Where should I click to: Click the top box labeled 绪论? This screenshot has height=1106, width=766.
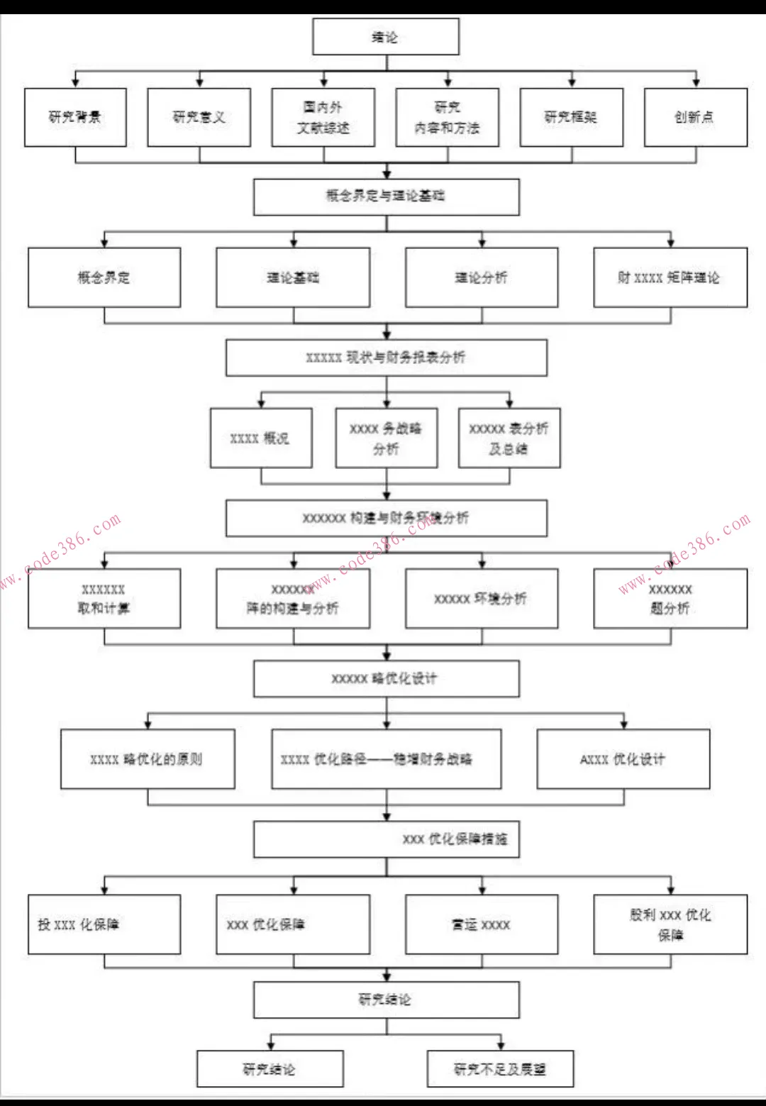(x=386, y=37)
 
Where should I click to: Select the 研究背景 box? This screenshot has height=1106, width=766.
(x=75, y=117)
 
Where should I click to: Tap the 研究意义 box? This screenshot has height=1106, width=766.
(x=199, y=117)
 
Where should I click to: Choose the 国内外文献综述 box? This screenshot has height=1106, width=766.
(x=323, y=117)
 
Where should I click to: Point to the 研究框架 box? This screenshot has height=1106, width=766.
(x=572, y=117)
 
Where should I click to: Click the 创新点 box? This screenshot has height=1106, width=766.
(x=696, y=117)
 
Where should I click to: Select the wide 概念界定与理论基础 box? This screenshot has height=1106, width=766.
(x=387, y=197)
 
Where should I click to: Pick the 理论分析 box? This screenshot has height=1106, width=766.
(x=482, y=277)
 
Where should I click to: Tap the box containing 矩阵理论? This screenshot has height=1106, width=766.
(x=670, y=277)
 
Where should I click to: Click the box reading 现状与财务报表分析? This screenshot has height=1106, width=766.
(x=387, y=358)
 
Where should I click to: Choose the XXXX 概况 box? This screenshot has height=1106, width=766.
(x=261, y=438)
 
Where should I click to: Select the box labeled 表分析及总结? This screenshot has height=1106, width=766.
(x=509, y=438)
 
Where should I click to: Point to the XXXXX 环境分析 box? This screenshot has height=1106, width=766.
(x=482, y=598)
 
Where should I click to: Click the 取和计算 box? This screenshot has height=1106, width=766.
(x=104, y=598)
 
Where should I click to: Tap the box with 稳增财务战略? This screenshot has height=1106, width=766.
(x=387, y=759)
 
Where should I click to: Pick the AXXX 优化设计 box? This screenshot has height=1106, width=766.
(x=623, y=759)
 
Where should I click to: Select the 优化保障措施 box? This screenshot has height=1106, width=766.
(x=387, y=839)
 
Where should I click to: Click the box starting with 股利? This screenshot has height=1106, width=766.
(x=670, y=924)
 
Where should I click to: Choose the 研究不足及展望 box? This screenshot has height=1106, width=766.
(x=500, y=1069)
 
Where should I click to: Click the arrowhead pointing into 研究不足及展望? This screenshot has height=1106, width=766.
(x=501, y=1046)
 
